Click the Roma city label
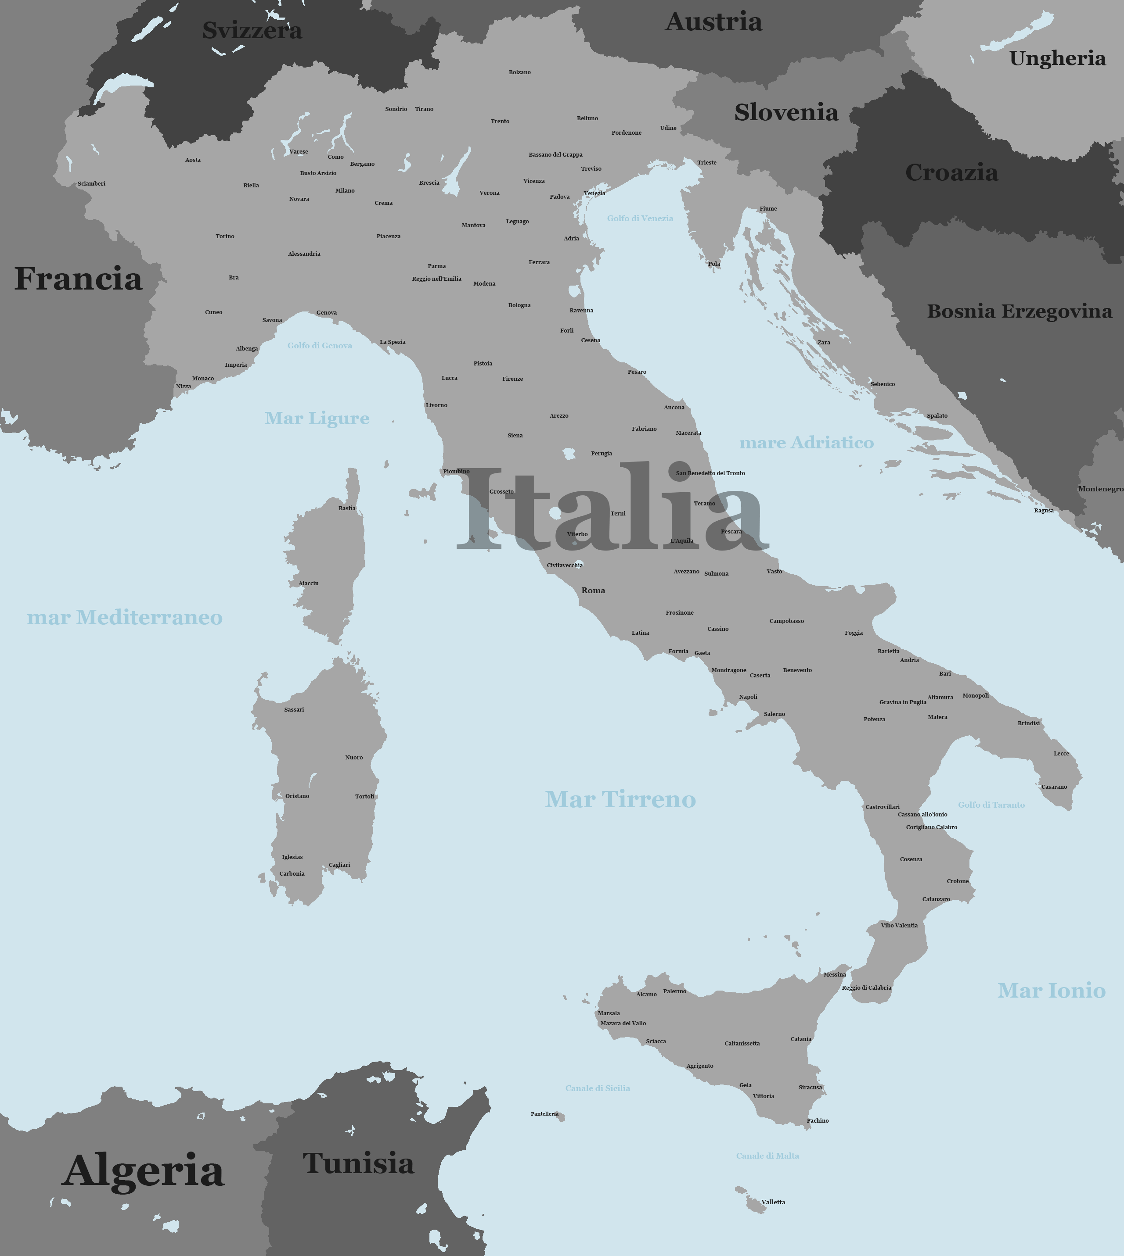point(593,590)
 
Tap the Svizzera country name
point(252,30)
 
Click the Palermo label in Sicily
point(674,991)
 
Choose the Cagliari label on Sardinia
point(339,865)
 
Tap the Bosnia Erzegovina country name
point(1019,311)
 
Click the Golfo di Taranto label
point(991,805)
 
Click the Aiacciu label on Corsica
point(308,583)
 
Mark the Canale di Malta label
point(767,1156)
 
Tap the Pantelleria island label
point(544,1114)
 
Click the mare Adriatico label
point(806,443)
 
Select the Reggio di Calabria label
point(866,988)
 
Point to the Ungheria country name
point(1057,59)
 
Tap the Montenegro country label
point(1101,489)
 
